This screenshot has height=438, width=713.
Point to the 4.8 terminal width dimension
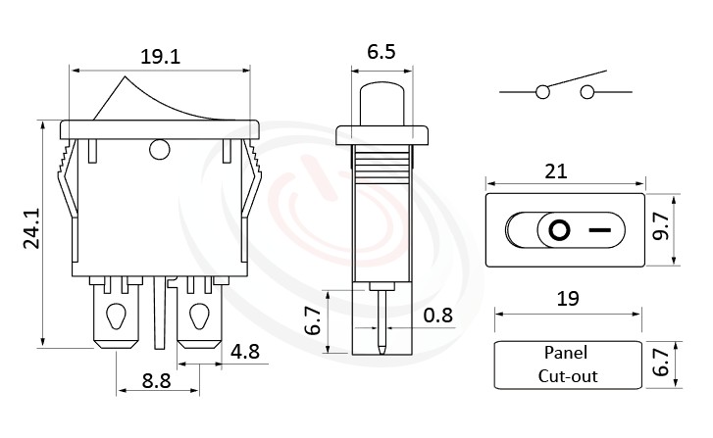(246, 350)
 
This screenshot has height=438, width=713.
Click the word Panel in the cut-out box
(567, 354)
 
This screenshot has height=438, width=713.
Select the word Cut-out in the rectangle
(567, 375)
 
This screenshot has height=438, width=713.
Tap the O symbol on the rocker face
(559, 231)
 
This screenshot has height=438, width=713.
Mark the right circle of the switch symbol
(588, 92)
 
